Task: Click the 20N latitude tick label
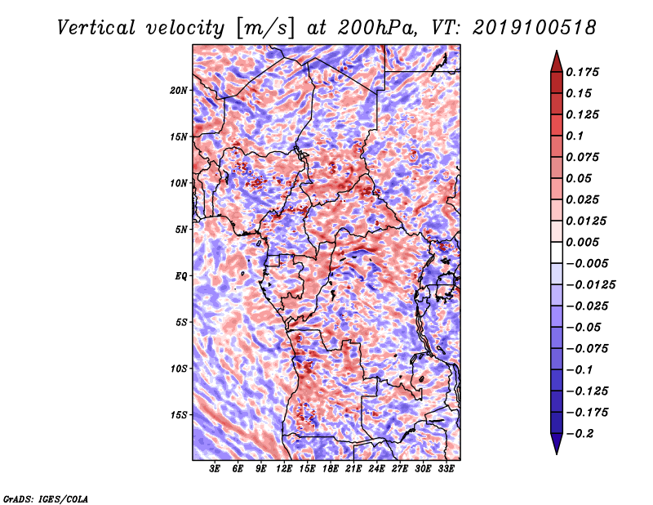[179, 90]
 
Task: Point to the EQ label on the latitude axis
[181, 276]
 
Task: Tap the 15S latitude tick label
[179, 415]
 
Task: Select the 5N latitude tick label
[181, 230]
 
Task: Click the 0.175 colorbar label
[584, 72]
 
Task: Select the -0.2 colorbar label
[581, 433]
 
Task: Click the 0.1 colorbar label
[575, 136]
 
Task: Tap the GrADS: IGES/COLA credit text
[45, 498]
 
